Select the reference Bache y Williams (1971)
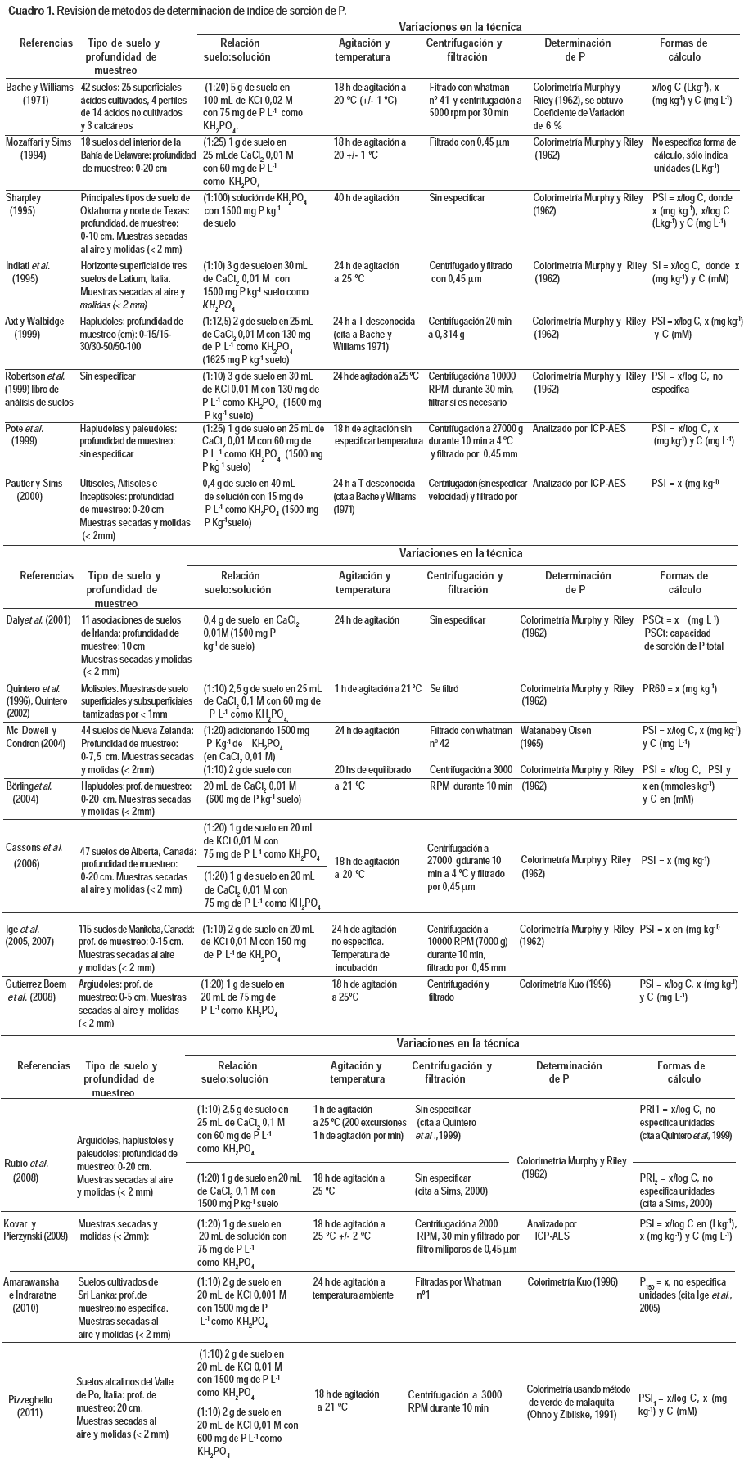(x=39, y=93)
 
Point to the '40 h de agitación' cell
(x=366, y=198)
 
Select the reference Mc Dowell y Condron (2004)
(x=38, y=736)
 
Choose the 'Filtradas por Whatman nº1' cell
(x=458, y=1288)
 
